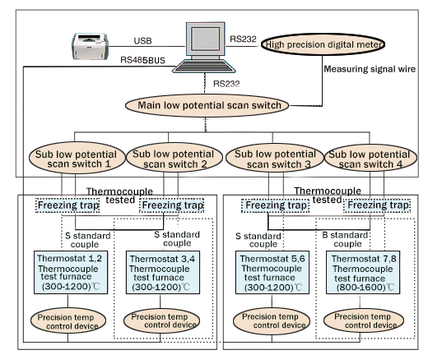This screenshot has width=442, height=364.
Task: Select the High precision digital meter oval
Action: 337,44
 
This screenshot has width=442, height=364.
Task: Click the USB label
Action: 143,40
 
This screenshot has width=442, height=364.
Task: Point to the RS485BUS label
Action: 145,60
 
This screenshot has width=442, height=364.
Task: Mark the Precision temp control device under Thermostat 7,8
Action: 365,321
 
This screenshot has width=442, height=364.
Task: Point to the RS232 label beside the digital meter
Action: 244,38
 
